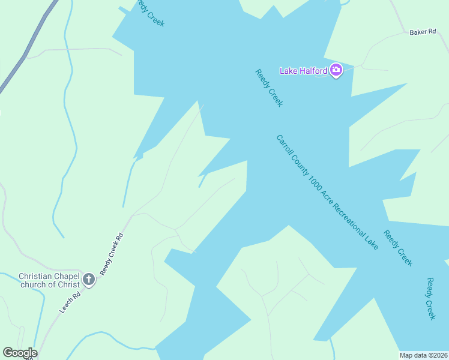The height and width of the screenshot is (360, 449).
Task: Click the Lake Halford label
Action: (304, 71)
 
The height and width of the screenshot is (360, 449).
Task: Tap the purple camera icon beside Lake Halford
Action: (336, 71)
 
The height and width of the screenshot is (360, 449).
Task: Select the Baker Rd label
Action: (422, 32)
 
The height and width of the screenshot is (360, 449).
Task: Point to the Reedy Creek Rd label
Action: (112, 254)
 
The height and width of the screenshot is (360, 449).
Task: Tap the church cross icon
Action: (89, 279)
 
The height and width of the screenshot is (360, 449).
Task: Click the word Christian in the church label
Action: (35, 276)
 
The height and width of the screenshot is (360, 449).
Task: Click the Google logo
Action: (20, 353)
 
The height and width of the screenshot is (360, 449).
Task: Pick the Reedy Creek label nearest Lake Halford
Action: (269, 88)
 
